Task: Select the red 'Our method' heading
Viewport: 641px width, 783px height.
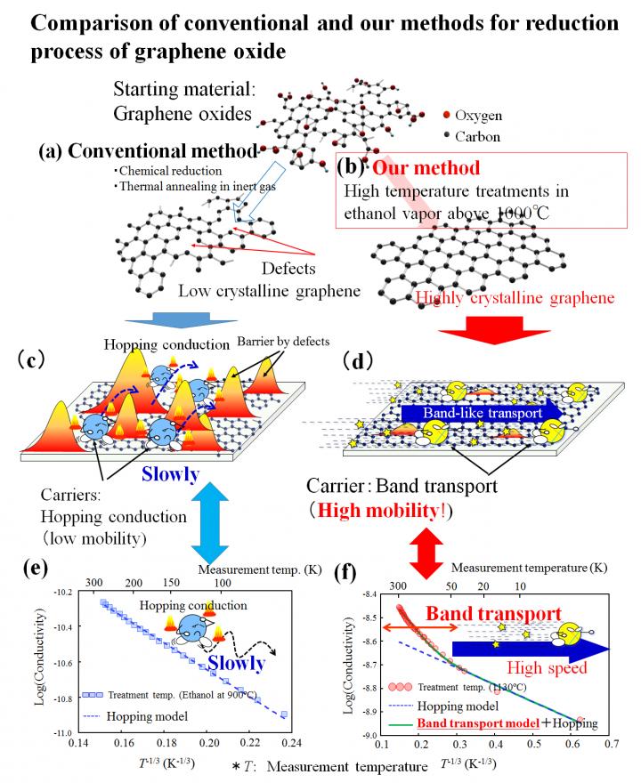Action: point(426,167)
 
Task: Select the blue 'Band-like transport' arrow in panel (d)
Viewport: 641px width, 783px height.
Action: point(482,413)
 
